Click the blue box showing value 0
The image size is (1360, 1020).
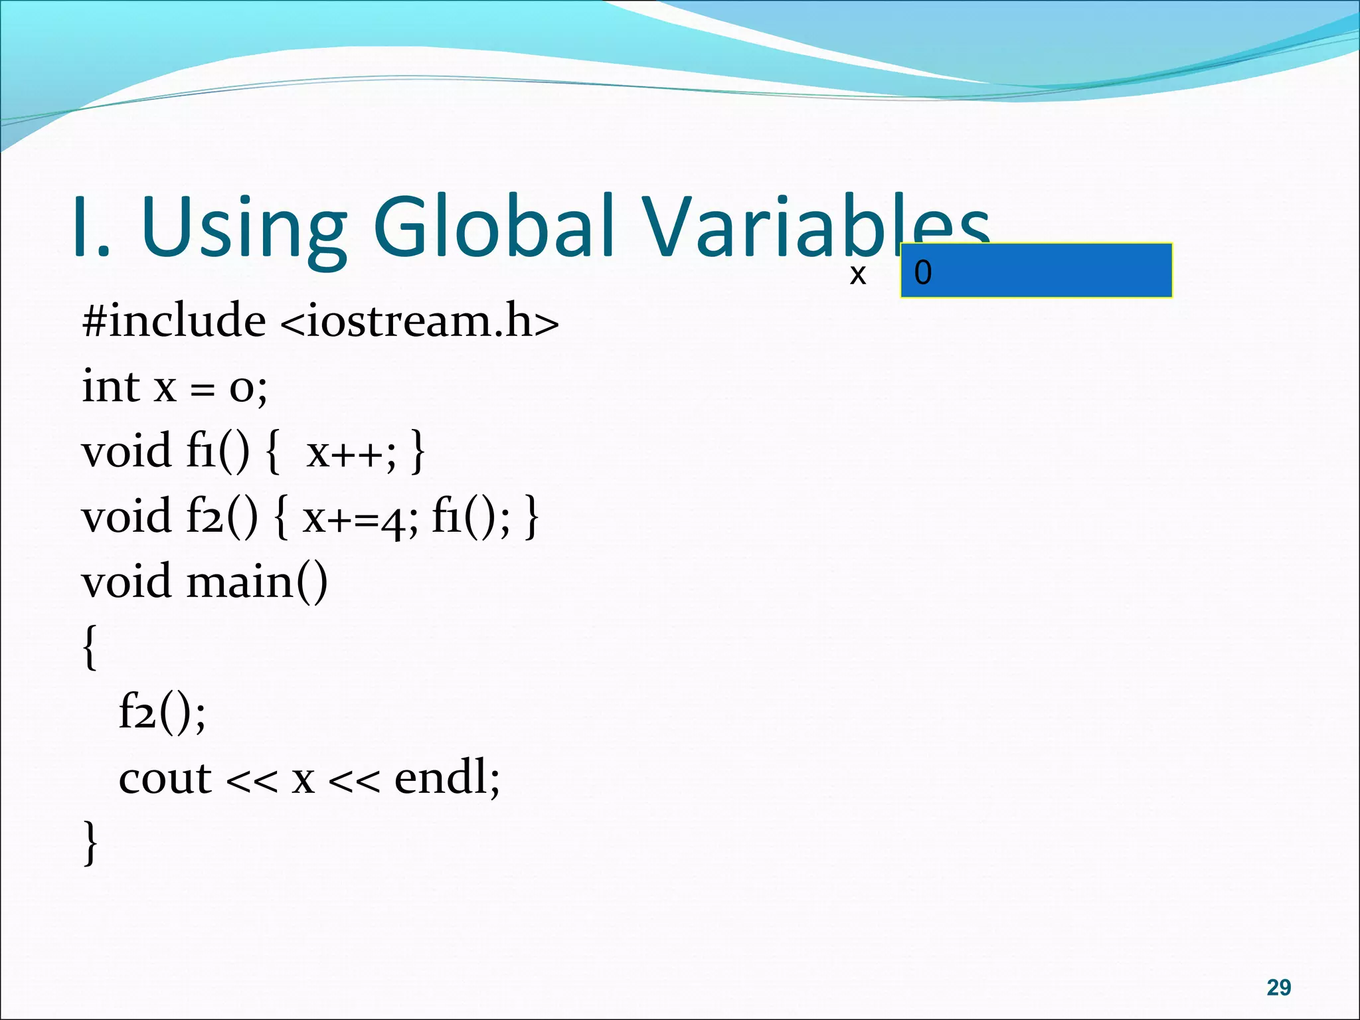1036,271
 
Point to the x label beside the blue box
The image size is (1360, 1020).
857,274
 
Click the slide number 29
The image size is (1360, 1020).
1278,987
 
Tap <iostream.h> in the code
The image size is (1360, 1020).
420,321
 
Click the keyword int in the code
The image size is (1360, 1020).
110,386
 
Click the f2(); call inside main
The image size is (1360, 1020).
162,713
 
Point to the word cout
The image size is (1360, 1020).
165,778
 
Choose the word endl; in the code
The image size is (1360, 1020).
447,778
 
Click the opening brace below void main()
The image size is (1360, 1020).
90,647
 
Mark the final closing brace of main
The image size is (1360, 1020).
90,842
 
